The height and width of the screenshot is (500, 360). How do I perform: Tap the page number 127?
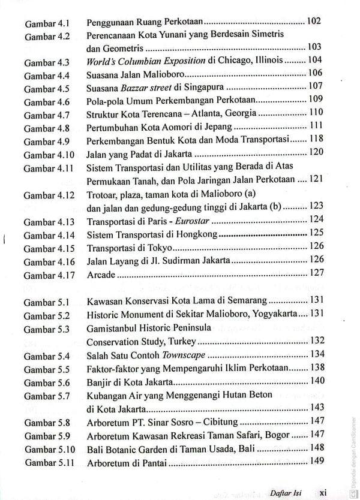tap(316, 273)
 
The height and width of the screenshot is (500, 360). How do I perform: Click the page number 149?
tap(316, 461)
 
